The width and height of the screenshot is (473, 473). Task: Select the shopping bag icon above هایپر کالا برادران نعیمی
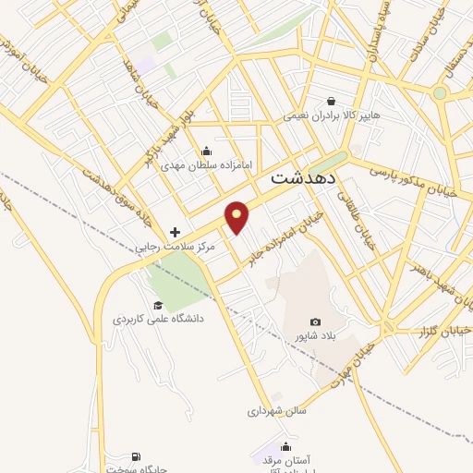pos(331,102)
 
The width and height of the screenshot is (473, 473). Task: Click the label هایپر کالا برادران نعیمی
pos(331,116)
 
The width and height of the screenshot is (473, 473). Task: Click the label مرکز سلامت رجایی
pos(176,247)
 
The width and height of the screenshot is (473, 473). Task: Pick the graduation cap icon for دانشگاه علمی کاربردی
pos(158,305)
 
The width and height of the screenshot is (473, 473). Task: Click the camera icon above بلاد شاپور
pos(316,322)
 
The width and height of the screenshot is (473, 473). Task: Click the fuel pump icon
pos(138,455)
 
